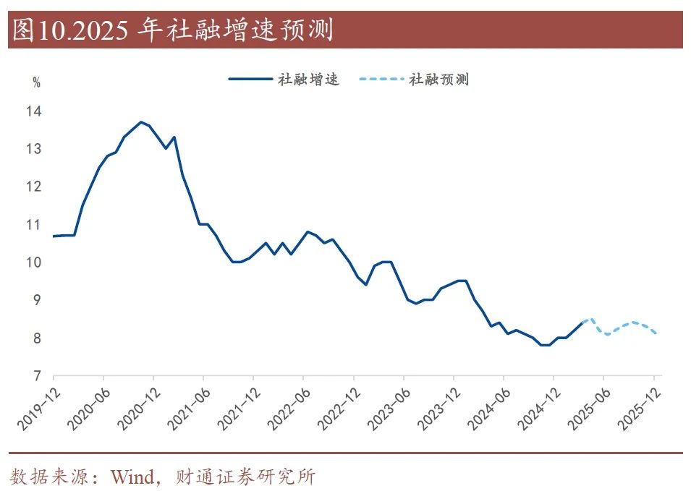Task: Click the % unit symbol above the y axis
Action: [36, 82]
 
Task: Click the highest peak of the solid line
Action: [140, 122]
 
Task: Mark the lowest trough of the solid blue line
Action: [544, 345]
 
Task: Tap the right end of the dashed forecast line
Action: [655, 333]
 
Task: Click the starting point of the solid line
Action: [54, 236]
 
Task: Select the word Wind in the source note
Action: [132, 477]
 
